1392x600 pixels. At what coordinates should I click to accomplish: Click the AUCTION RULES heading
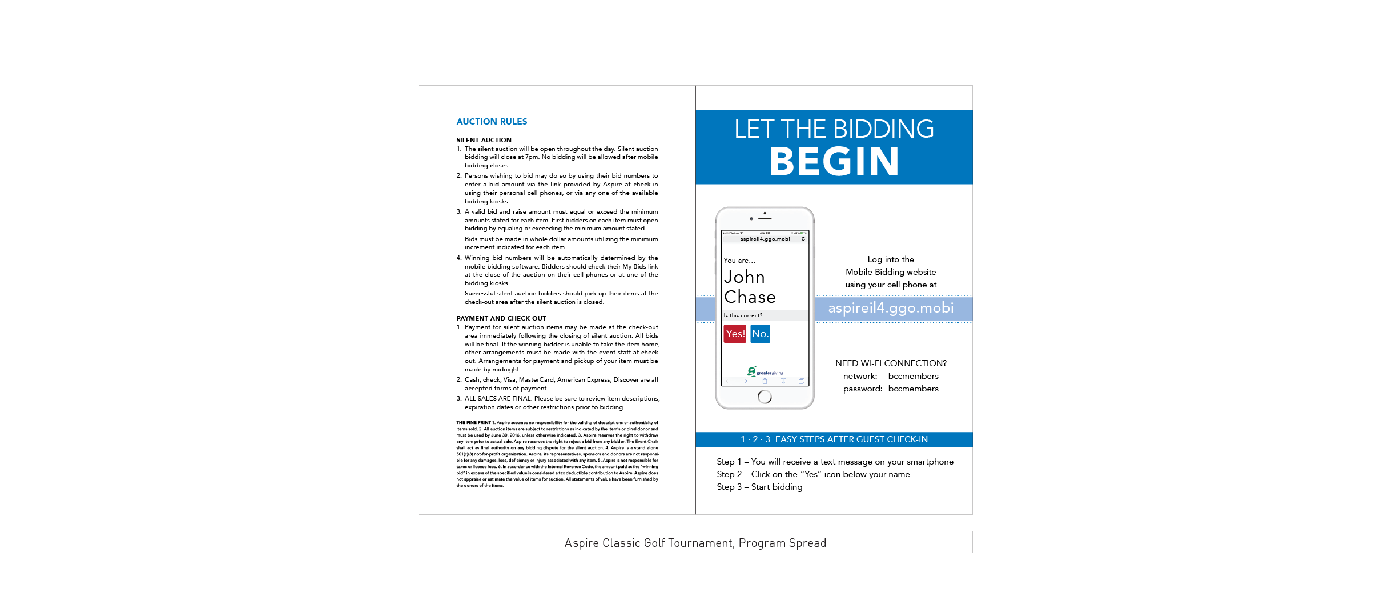pos(492,122)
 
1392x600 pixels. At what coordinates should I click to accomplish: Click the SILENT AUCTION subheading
pos(484,140)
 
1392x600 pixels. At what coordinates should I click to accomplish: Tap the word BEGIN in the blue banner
pos(834,162)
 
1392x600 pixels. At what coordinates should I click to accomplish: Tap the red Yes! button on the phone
pos(735,334)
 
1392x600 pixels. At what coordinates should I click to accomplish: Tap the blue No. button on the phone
pos(760,334)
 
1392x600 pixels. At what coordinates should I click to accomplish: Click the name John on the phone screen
pos(744,277)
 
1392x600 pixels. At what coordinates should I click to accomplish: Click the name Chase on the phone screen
pos(750,297)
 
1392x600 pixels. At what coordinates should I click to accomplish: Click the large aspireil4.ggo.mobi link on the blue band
pos(891,308)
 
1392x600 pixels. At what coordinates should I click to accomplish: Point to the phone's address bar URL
pos(765,239)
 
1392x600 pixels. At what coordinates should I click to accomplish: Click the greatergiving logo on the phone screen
pos(765,372)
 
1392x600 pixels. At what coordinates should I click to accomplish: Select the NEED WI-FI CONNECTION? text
pos(891,363)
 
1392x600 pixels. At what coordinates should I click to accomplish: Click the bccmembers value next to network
pos(913,376)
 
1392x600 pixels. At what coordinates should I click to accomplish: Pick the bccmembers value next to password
pos(913,389)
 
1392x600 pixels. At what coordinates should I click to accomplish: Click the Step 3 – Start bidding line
pos(759,487)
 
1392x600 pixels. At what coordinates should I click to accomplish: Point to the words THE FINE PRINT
pos(473,423)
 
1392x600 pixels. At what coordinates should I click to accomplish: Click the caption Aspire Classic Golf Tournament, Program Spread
pos(695,543)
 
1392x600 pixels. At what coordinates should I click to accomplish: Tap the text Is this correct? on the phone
pos(743,315)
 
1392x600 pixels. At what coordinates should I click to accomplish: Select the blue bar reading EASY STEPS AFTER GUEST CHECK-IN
pos(834,439)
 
